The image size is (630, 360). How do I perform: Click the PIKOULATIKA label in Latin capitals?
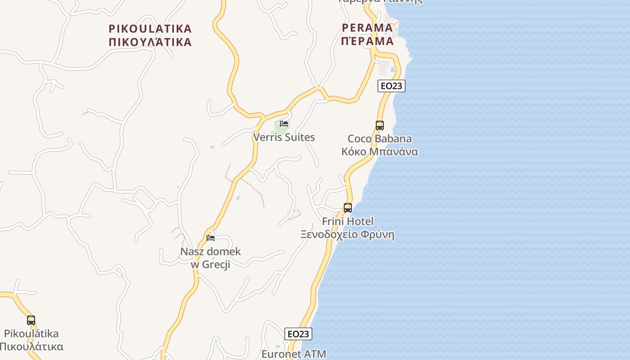[x=150, y=29]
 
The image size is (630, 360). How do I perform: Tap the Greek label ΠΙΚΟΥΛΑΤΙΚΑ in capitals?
[x=150, y=42]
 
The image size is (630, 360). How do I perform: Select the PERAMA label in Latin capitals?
[x=367, y=28]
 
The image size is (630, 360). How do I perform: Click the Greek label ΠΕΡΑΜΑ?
[x=367, y=41]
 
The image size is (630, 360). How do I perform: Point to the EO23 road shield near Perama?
[x=391, y=86]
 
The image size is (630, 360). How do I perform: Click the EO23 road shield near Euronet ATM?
[x=298, y=334]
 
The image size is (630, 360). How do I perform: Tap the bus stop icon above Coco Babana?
[x=380, y=126]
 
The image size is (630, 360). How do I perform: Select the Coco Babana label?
[x=379, y=139]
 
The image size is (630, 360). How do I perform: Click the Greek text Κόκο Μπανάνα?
[x=379, y=152]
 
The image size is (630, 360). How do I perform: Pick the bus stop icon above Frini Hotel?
[x=348, y=208]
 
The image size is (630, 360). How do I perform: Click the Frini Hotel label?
[x=348, y=221]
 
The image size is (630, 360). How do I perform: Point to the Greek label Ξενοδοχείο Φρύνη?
[x=348, y=234]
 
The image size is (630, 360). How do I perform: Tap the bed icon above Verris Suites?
[x=284, y=124]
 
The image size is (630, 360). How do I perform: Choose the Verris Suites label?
[x=284, y=137]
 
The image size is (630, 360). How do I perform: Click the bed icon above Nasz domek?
[x=211, y=238]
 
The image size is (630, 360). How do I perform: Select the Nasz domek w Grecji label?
[x=211, y=258]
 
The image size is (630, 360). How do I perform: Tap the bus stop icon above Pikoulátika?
[x=31, y=320]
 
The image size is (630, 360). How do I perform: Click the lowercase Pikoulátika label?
[x=31, y=334]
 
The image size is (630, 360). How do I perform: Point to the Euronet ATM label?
[x=294, y=354]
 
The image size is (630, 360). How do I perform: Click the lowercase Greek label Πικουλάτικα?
[x=31, y=347]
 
